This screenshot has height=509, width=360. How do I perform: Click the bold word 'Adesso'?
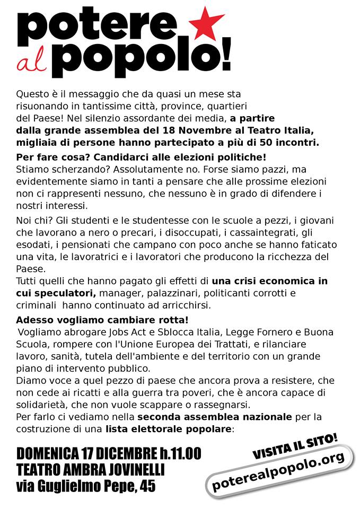pos(33,321)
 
